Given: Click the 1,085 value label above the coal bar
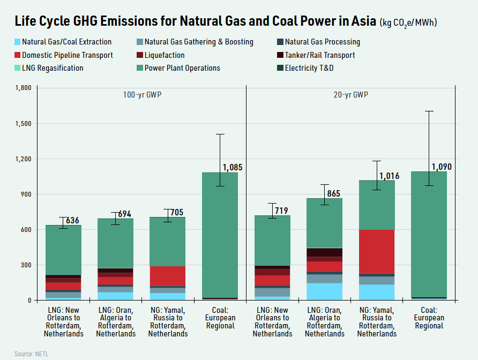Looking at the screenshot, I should coord(233,167).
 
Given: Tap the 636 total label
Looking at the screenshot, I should coord(72,220).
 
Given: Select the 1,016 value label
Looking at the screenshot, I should coord(390,176).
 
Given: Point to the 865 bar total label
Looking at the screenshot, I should coord(334,194).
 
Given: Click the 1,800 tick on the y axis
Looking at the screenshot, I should coord(24,88).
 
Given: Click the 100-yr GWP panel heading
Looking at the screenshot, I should coord(142,95).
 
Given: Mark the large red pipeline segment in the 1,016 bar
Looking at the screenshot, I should coord(377,252).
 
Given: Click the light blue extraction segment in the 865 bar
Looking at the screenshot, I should coord(324,291).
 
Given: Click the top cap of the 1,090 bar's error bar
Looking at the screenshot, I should coord(429,111).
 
